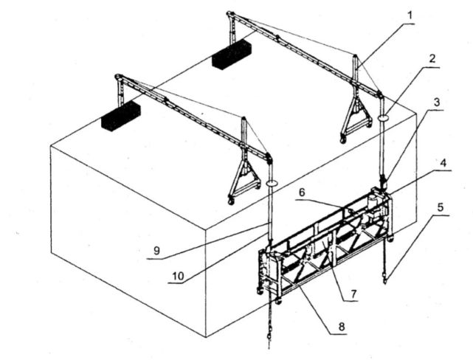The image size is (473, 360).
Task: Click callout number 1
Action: coord(410,15)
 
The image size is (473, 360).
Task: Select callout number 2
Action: coord(432,58)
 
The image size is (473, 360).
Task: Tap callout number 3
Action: coord(437,103)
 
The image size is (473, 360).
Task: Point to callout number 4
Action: coord(443,163)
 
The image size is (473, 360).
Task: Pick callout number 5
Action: coord(441,207)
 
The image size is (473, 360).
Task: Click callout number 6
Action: coord(303,192)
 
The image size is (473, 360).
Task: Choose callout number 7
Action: coord(353,293)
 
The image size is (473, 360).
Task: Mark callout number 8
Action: coord(342,326)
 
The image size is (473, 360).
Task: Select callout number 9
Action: coord(156,251)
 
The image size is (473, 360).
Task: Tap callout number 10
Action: coord(178,276)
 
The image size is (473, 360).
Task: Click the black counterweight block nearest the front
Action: coord(121,116)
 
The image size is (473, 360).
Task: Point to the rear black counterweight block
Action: coord(232,55)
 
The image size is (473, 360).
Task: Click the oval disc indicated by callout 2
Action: coord(383,117)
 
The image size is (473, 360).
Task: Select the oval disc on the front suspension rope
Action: coord(272,183)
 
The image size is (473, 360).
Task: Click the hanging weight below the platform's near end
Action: coord(269,336)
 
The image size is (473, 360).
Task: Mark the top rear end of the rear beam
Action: coord(230,13)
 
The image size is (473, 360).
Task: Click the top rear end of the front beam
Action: coord(118,76)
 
